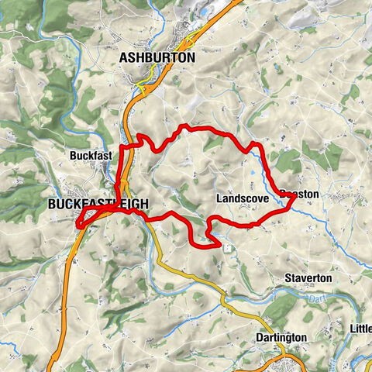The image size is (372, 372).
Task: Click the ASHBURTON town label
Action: point(157,58)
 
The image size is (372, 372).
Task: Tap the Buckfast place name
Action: point(91,155)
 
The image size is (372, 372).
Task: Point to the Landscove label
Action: point(243,199)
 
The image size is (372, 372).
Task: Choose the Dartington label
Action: point(281,338)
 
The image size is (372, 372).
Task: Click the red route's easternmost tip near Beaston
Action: point(294,199)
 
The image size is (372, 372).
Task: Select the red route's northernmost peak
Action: point(183,126)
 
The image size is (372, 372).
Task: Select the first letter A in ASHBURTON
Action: point(124,58)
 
